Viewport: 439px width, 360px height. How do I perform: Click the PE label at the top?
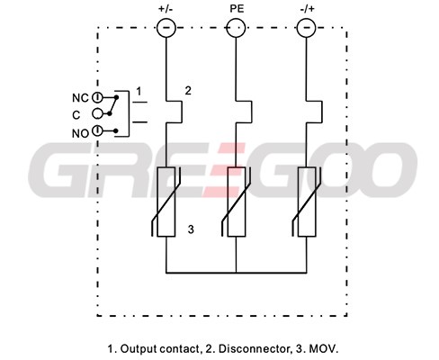pos(237,9)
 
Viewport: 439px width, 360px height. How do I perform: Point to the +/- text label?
pos(166,9)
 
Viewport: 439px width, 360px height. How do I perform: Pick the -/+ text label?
pos(308,9)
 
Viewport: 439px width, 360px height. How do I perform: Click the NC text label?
pos(80,98)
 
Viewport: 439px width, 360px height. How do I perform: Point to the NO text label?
pos(80,133)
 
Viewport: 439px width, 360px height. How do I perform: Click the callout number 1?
pos(139,91)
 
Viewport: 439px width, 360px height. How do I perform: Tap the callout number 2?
pos(188,91)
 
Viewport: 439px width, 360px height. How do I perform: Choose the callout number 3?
pos(191,229)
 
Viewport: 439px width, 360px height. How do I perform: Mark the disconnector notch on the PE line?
pos(251,112)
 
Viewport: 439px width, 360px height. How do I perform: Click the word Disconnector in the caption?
pos(253,348)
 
